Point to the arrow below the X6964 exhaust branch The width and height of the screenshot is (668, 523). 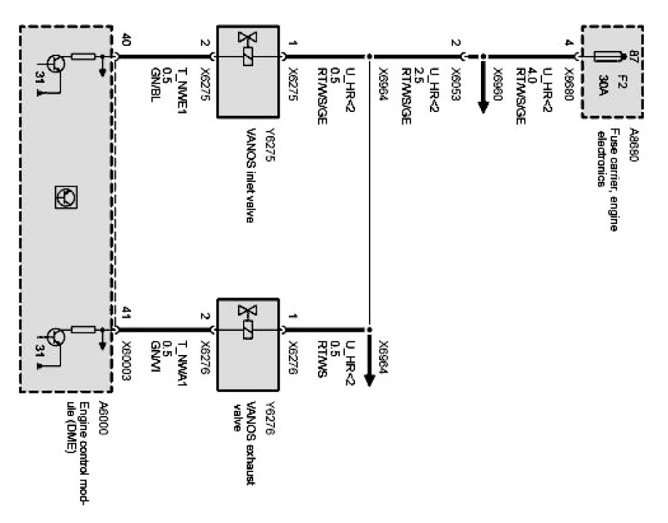pos(369,370)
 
